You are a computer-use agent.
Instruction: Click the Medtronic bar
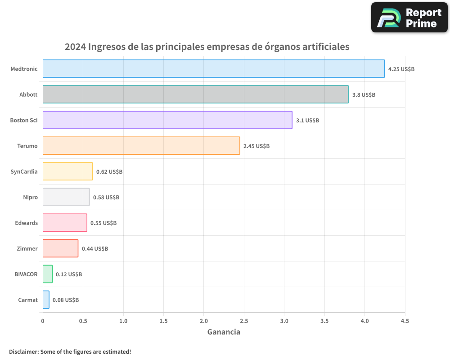click(x=214, y=69)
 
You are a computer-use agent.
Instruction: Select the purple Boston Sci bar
click(x=167, y=120)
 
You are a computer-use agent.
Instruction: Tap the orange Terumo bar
click(x=141, y=146)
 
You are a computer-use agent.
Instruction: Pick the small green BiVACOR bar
click(x=48, y=274)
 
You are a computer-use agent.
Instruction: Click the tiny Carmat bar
click(x=46, y=300)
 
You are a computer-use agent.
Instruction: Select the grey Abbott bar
click(x=196, y=94)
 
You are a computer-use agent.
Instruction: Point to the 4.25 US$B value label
click(x=401, y=69)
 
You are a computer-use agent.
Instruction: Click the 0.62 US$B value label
click(x=109, y=172)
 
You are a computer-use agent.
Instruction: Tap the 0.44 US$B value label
click(x=95, y=249)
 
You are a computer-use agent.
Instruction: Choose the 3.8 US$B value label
click(x=364, y=95)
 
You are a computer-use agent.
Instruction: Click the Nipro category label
click(x=30, y=197)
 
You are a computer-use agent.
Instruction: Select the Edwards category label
click(x=27, y=223)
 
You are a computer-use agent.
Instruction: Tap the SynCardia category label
click(x=24, y=171)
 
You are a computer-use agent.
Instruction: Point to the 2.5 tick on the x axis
click(x=244, y=321)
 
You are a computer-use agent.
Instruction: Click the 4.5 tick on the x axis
click(x=405, y=321)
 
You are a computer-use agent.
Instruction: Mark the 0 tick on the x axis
click(x=43, y=321)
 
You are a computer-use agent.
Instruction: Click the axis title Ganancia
click(x=224, y=332)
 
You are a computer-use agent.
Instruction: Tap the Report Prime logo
click(x=409, y=18)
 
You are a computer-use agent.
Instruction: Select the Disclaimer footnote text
click(x=70, y=351)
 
